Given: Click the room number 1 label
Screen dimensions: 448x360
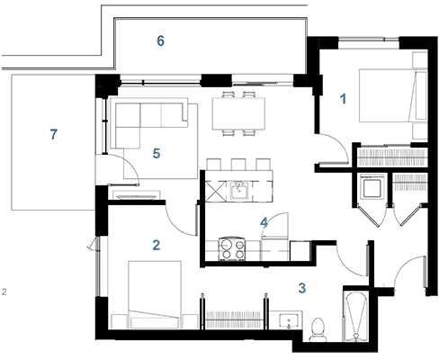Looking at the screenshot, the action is (x=344, y=99).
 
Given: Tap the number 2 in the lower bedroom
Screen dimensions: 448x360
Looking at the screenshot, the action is (x=157, y=245).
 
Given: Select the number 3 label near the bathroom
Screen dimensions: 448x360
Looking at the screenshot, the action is (x=302, y=288).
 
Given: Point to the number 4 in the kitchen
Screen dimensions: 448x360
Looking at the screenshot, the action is (x=264, y=222).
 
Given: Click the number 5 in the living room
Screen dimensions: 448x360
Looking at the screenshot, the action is (x=157, y=153).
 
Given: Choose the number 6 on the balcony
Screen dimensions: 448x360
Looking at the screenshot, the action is (x=160, y=40).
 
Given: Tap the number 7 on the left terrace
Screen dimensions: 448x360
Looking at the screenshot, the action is (x=53, y=134).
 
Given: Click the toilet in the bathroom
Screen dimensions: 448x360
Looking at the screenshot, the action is (x=318, y=329).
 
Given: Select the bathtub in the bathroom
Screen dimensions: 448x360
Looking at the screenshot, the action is (x=355, y=317).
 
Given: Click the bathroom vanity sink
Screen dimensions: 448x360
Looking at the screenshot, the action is (x=289, y=320).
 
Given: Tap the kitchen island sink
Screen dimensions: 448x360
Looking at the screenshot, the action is (x=239, y=190).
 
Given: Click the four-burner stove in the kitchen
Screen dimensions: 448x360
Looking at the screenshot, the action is (x=232, y=249).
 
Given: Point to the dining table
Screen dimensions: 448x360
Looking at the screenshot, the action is (x=238, y=113).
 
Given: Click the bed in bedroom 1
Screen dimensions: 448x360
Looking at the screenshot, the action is (x=393, y=95).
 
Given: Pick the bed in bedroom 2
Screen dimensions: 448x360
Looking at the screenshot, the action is (x=155, y=294).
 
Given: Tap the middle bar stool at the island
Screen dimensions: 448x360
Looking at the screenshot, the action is (x=238, y=165).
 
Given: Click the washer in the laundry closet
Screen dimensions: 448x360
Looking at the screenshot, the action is (x=372, y=187).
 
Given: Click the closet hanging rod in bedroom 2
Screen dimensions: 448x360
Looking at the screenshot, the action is (x=234, y=319).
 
